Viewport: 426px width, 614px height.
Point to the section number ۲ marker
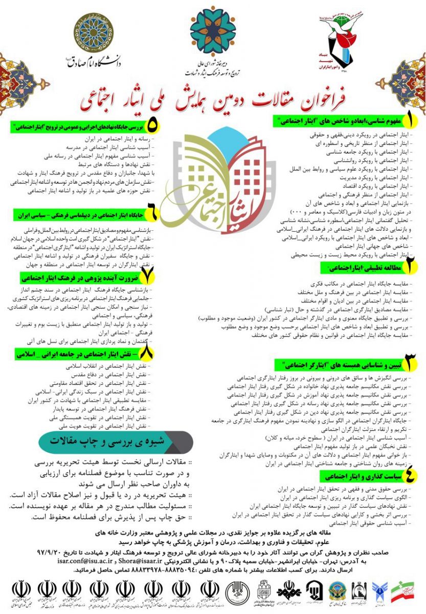coord(410,267)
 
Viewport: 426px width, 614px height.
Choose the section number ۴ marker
coord(410,475)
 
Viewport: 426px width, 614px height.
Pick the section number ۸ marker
coord(148,354)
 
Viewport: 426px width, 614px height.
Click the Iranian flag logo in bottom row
coord(403,593)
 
